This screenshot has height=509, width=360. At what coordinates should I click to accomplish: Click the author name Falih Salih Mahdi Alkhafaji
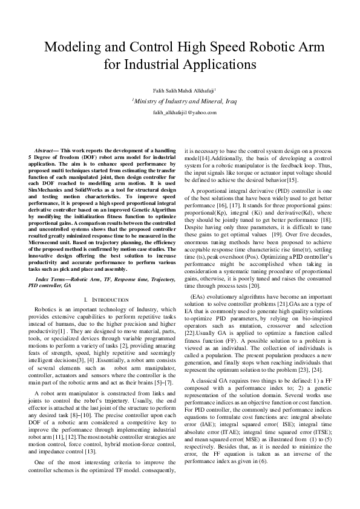[180, 90]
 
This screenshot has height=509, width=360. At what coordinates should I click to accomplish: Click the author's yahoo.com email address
[180, 113]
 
